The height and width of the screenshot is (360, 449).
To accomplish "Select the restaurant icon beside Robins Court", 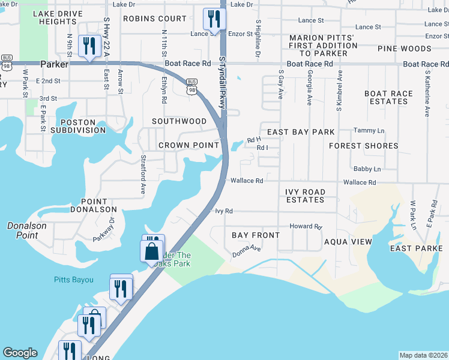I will pos(212,19).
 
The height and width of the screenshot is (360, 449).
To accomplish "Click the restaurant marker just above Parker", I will pos(89,47).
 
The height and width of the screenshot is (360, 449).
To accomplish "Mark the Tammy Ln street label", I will pos(369,130).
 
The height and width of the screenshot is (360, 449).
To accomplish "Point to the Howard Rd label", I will pos(306,226).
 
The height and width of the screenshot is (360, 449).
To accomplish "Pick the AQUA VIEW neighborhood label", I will pos(348,241).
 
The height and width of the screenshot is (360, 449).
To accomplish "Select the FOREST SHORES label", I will pos(363,146).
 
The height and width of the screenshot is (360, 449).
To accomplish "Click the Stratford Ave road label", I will pos(143,175).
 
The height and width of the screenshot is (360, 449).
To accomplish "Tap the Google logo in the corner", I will pos(20,353).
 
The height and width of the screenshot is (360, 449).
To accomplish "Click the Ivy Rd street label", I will pos(223,211).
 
